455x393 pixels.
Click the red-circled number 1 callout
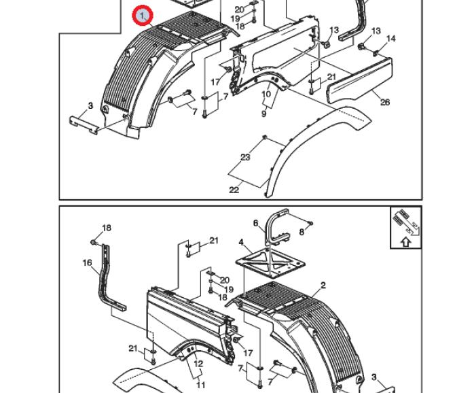click(x=143, y=15)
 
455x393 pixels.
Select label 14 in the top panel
click(x=390, y=39)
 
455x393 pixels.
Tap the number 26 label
click(x=385, y=103)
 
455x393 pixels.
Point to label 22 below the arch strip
click(x=234, y=190)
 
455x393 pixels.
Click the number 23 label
click(x=245, y=157)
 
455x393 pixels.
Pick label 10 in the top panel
click(x=266, y=95)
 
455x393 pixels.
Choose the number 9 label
click(x=263, y=114)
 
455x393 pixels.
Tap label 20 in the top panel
click(x=239, y=10)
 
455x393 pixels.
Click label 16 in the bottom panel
click(x=87, y=262)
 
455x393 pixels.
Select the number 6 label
click(x=255, y=223)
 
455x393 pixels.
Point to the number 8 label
click(x=302, y=233)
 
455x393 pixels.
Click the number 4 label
click(x=241, y=242)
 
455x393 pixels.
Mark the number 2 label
click(x=323, y=286)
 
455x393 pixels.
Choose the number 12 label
click(x=198, y=364)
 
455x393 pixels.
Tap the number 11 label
click(x=200, y=385)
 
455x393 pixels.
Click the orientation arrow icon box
click(x=405, y=228)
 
